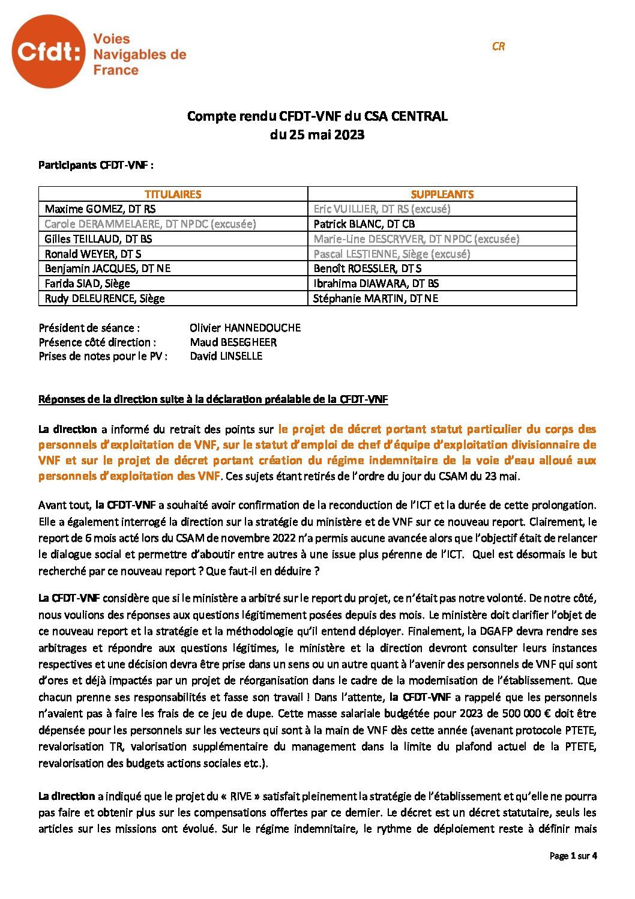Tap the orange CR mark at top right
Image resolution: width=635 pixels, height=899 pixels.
point(498,46)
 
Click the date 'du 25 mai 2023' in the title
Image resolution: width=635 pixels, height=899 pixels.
point(317,135)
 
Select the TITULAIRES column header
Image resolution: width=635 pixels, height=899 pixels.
point(173,194)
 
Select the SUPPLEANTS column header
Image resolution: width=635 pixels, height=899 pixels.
point(442,194)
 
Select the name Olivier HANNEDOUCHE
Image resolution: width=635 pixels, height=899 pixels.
point(245,328)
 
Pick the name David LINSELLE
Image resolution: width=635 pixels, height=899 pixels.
point(226,356)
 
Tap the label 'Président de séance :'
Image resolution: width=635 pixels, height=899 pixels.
point(89,328)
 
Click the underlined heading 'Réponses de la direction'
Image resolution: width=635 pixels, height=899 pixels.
point(213,399)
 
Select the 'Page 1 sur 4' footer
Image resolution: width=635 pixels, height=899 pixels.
point(573,856)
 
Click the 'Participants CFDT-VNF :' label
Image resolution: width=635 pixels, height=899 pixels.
point(96,165)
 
